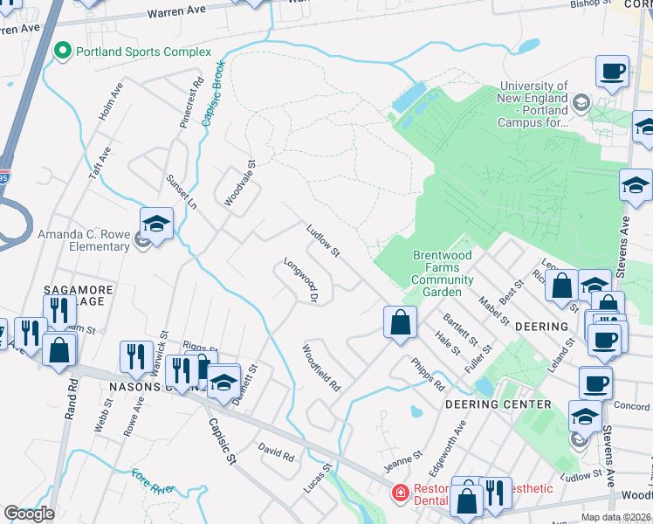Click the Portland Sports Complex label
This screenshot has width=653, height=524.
click(x=143, y=52)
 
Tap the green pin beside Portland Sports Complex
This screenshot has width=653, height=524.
click(x=62, y=52)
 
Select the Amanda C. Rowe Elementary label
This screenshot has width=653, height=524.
click(x=83, y=240)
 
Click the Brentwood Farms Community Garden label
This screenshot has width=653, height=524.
click(x=442, y=273)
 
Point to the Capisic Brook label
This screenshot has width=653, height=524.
click(x=213, y=93)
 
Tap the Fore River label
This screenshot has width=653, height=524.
click(x=153, y=479)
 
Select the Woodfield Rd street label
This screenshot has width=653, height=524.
click(x=320, y=367)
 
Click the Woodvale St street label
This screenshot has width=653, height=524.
click(x=238, y=183)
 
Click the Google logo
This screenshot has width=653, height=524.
click(x=29, y=514)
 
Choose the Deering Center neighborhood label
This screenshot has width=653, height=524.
click(x=498, y=404)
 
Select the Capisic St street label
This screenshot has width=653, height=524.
click(x=222, y=441)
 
